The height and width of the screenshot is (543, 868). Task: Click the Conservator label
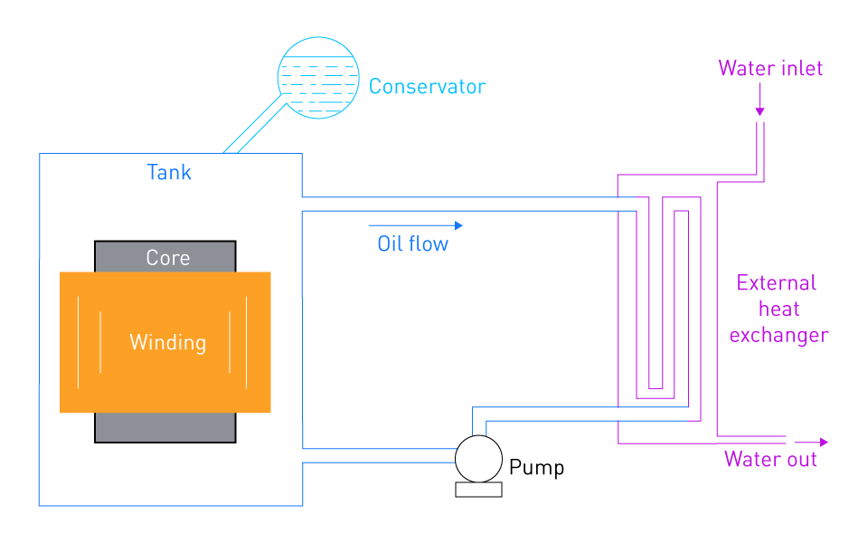(x=427, y=87)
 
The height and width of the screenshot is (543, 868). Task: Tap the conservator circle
(x=318, y=38)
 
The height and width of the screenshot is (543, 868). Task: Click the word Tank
(x=169, y=172)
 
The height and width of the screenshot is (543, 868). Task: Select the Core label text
(x=168, y=258)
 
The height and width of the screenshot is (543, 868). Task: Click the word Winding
(x=168, y=342)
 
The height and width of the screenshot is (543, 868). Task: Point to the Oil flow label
(x=413, y=243)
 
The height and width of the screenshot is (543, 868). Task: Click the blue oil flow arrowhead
(x=458, y=225)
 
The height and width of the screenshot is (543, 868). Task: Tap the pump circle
(x=479, y=436)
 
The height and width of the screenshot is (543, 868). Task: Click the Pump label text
(x=536, y=468)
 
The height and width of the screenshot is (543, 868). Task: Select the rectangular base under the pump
(x=479, y=490)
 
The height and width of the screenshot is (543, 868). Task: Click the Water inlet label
(x=770, y=68)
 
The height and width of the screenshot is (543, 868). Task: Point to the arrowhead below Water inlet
(x=760, y=111)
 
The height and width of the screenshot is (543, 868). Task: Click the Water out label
(x=770, y=460)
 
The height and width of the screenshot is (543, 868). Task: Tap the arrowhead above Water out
(x=824, y=443)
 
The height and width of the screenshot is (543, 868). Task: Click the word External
(x=776, y=283)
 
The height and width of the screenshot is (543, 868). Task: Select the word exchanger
(x=778, y=335)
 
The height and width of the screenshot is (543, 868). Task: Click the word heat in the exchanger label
(x=778, y=310)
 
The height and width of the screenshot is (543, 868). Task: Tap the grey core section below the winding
(x=165, y=428)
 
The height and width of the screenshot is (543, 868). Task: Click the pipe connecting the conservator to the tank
(x=255, y=124)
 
